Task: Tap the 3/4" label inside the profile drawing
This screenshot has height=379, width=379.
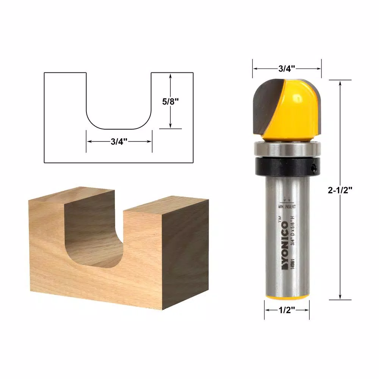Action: click(119, 141)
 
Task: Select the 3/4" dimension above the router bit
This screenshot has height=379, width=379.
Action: click(287, 69)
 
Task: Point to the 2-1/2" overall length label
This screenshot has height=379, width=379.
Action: click(340, 191)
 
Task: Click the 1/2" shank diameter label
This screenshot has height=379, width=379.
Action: click(287, 310)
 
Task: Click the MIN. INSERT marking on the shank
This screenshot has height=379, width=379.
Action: click(287, 207)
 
